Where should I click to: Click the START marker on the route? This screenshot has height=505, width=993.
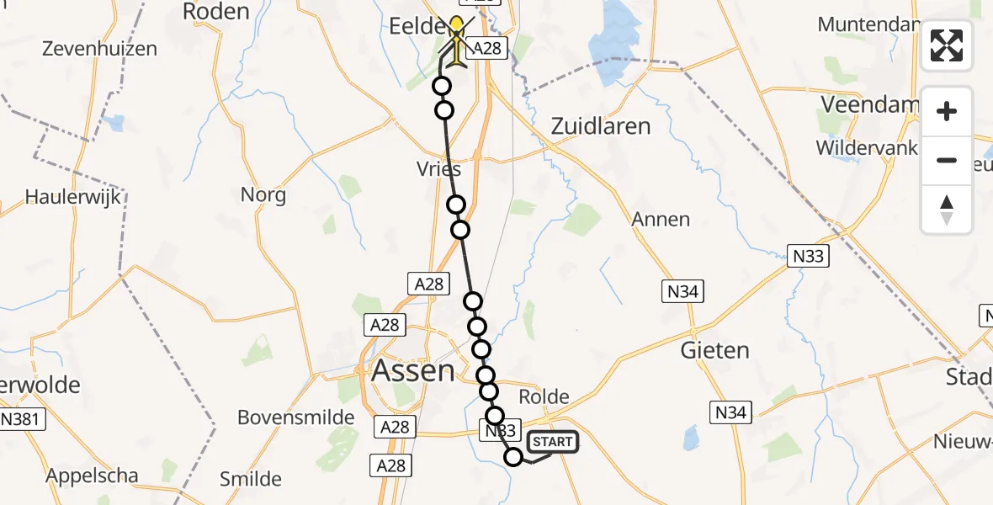tap(552, 442)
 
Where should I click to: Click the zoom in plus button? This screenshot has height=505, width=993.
tap(947, 111)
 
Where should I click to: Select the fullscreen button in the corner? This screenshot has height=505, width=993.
tap(947, 45)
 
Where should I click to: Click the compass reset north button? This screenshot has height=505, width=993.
tap(947, 209)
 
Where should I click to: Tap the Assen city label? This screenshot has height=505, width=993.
tap(412, 370)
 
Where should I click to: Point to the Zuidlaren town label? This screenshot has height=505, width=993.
tap(601, 126)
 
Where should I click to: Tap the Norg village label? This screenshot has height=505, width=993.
tap(263, 195)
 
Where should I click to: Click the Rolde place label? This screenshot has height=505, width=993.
tap(544, 396)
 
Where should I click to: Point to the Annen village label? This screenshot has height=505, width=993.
tap(661, 220)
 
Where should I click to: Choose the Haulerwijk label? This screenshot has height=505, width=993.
tap(73, 197)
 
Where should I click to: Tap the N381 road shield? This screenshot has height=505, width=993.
tap(23, 417)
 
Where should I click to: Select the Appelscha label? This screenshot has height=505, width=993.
tap(93, 476)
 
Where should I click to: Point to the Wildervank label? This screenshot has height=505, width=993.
tap(867, 147)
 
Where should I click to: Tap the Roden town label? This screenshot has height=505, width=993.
tap(216, 12)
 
